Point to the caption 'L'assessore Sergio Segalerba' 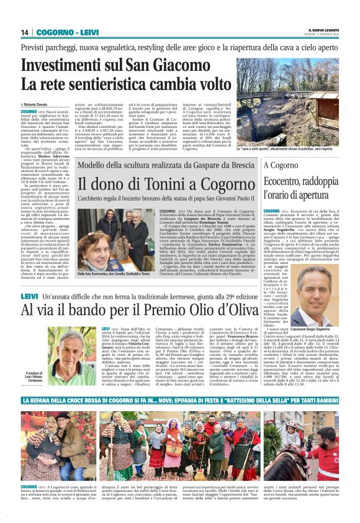[311, 329]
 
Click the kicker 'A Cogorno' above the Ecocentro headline [280, 165]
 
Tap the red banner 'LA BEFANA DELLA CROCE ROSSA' [180, 401]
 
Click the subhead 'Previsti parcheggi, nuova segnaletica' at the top [180, 47]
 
